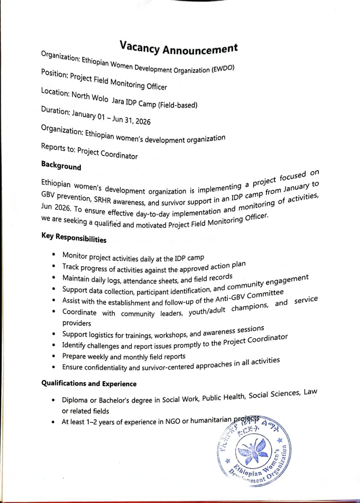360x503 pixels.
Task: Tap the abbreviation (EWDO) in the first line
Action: pyautogui.click(x=223, y=69)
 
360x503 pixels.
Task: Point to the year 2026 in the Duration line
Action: pyautogui.click(x=142, y=121)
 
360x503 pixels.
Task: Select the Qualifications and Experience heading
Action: pyautogui.click(x=89, y=384)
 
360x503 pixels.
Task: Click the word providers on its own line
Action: pyautogui.click(x=77, y=323)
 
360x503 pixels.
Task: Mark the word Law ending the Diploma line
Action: pyautogui.click(x=310, y=392)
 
